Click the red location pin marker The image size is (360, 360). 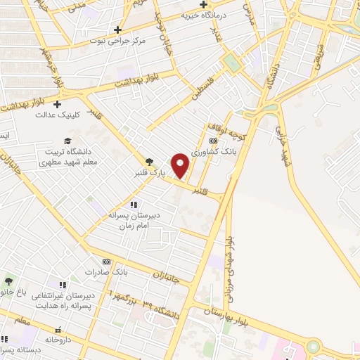click(181, 165)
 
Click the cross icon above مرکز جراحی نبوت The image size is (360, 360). click(118, 30)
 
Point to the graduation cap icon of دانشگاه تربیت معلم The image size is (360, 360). click(67, 141)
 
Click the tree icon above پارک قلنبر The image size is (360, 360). click(148, 162)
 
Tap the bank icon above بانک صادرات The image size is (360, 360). click(106, 261)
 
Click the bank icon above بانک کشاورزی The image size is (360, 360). click(214, 141)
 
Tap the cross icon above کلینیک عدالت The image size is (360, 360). click(58, 104)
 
